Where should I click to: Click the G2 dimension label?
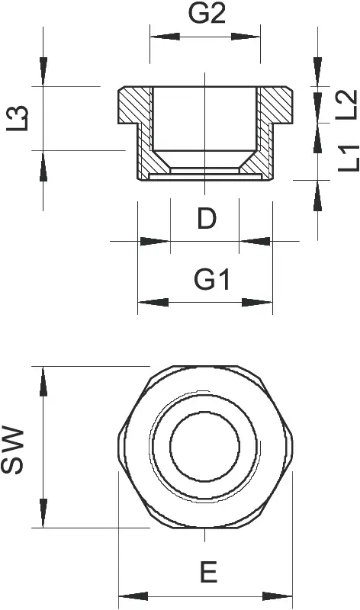click(207, 14)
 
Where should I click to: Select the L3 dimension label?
click(18, 118)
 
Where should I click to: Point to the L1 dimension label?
click(349, 158)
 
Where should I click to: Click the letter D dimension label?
click(207, 219)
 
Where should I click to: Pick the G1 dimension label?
click(213, 280)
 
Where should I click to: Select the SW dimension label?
click(12, 450)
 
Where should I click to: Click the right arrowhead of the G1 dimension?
click(257, 302)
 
